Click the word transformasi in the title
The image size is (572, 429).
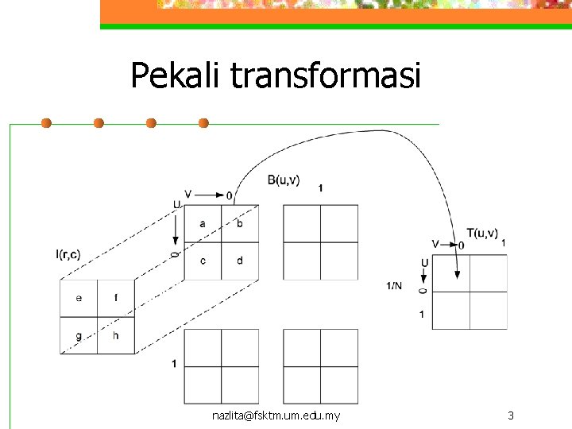pyautogui.click(x=325, y=77)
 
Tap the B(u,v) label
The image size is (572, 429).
pyautogui.click(x=284, y=180)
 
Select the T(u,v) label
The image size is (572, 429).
pyautogui.click(x=482, y=233)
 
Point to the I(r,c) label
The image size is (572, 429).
pyautogui.click(x=68, y=254)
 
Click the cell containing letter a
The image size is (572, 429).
pyautogui.click(x=203, y=224)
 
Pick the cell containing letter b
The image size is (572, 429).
pyautogui.click(x=240, y=224)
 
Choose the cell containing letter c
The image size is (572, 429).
pyautogui.click(x=203, y=261)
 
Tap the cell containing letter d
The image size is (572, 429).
pyautogui.click(x=240, y=261)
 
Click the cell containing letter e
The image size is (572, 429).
pyautogui.click(x=79, y=299)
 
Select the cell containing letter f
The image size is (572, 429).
pyautogui.click(x=116, y=299)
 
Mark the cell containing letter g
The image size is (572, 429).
pyautogui.click(x=79, y=335)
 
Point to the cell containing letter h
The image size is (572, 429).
pyautogui.click(x=116, y=335)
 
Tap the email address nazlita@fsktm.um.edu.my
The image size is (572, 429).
pyautogui.click(x=276, y=415)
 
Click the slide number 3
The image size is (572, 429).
pyautogui.click(x=511, y=415)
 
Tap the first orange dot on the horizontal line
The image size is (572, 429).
pyautogui.click(x=46, y=123)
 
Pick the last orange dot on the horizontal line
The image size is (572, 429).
pyautogui.click(x=203, y=123)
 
